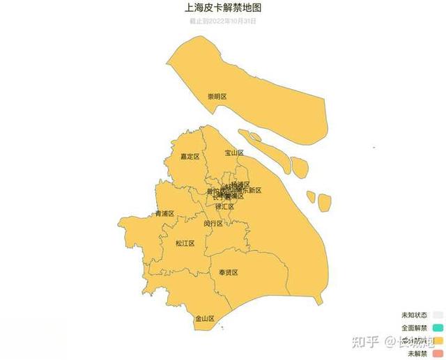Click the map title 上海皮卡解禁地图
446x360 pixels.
tap(223, 8)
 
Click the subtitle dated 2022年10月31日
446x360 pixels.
tap(223, 21)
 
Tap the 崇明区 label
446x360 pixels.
tap(217, 96)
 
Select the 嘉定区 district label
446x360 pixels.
tap(190, 157)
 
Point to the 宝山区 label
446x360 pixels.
tap(234, 152)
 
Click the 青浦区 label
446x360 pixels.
tap(165, 214)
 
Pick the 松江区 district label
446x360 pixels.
tap(185, 244)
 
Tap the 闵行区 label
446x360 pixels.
tap(213, 224)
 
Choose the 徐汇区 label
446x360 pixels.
tap(224, 207)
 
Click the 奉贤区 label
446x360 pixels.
tap(229, 272)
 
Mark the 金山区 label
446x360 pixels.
tap(205, 318)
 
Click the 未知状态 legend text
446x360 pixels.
tap(415, 315)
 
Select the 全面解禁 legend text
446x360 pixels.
tap(415, 327)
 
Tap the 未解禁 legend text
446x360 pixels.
tap(417, 354)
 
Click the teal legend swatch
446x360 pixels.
tap(438, 327)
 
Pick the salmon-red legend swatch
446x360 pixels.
tap(438, 354)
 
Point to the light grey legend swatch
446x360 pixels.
tap(438, 315)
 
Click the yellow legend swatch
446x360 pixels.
tap(438, 341)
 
